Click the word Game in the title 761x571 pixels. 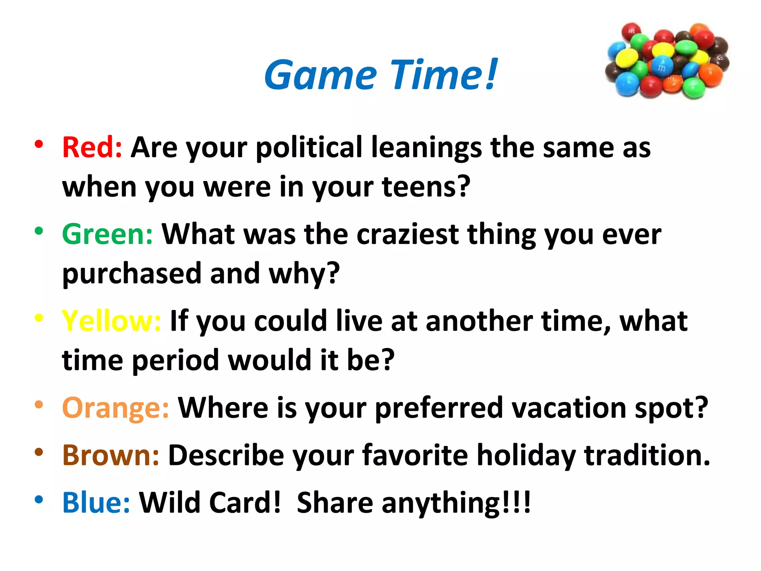[x=320, y=75]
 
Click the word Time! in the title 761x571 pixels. [x=444, y=75]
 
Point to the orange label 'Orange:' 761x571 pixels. [x=116, y=408]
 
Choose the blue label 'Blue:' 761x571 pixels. [x=96, y=503]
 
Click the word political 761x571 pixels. [x=309, y=148]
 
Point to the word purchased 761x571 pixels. [x=132, y=274]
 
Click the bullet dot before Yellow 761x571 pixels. [x=39, y=318]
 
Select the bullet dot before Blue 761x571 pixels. [x=39, y=500]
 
